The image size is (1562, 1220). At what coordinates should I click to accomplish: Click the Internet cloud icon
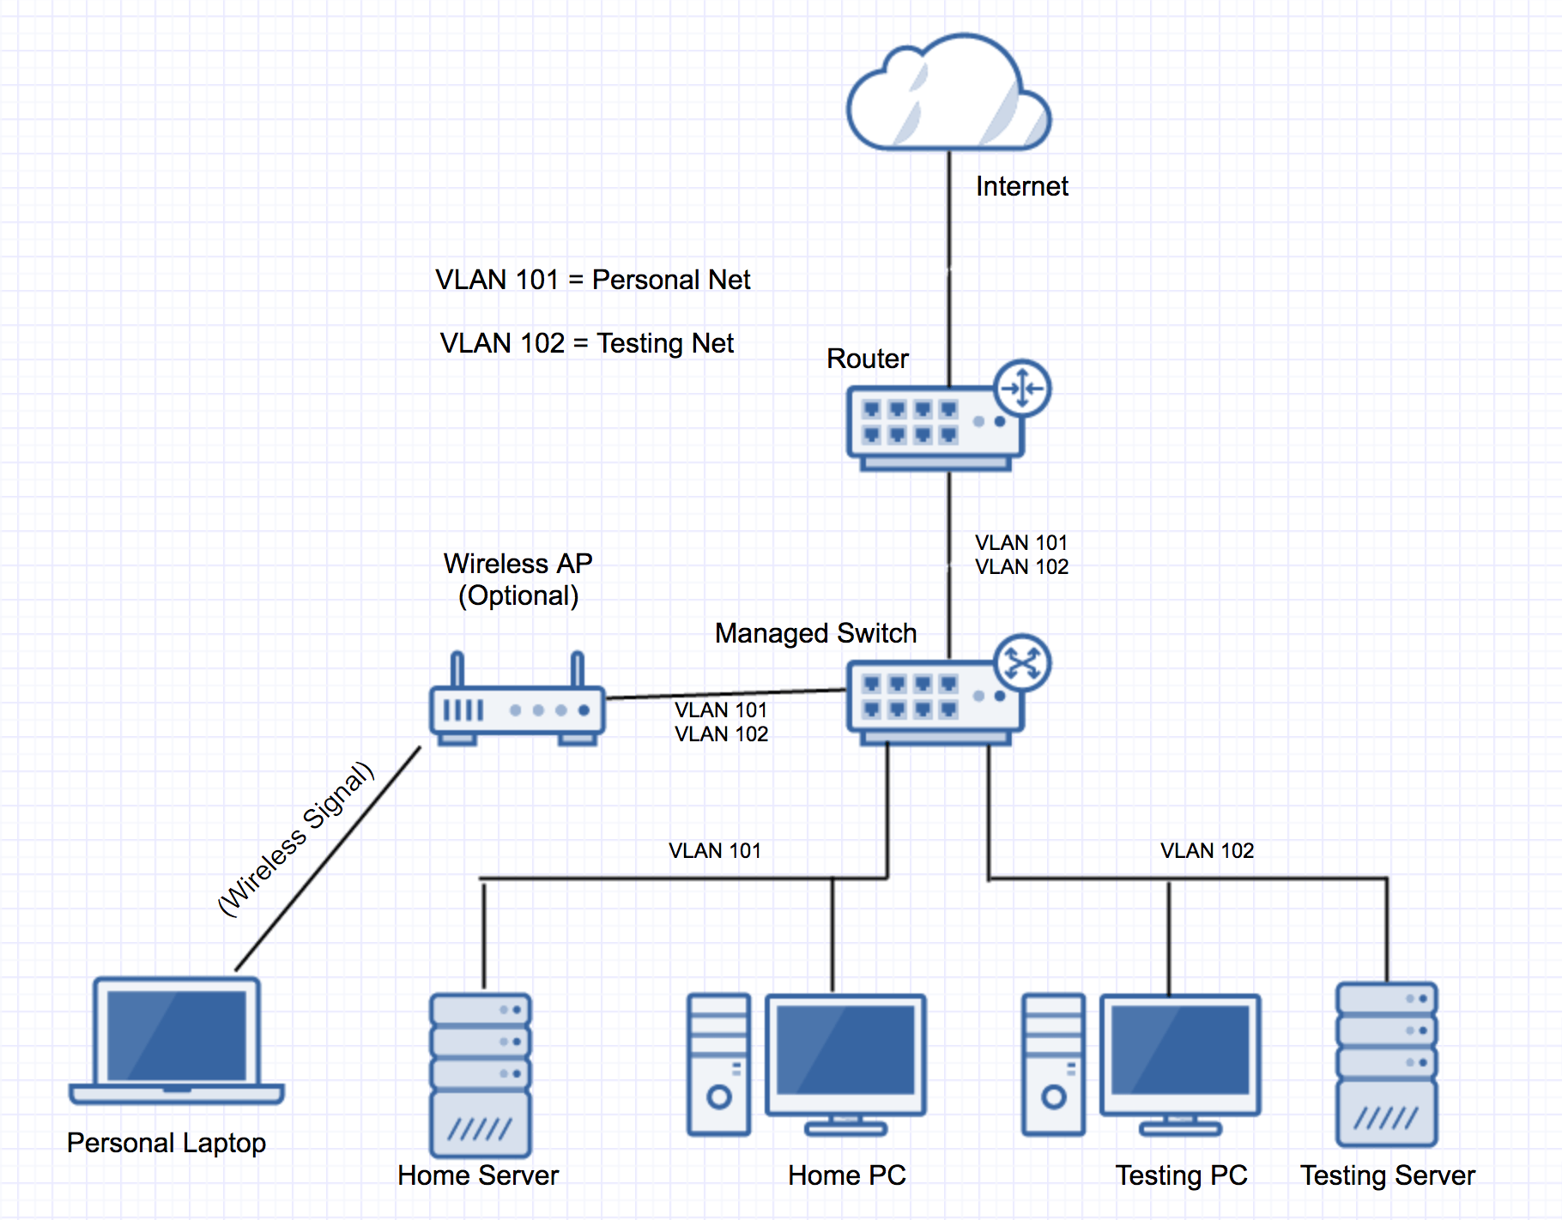tap(947, 94)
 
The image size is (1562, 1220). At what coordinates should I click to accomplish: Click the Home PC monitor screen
tap(845, 1051)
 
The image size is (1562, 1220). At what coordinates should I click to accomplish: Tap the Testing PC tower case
tap(1053, 1064)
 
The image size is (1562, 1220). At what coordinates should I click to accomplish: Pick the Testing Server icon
tap(1386, 1064)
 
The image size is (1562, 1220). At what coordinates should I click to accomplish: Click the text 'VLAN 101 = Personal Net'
tap(592, 280)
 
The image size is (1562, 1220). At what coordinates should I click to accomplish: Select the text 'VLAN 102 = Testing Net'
tap(587, 343)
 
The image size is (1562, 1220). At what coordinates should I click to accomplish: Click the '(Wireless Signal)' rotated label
tap(296, 838)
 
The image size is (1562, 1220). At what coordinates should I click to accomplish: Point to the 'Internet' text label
tap(1021, 186)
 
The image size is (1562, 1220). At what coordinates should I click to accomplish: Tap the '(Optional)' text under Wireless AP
tap(518, 595)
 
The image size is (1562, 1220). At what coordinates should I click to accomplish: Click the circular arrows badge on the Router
tap(1022, 389)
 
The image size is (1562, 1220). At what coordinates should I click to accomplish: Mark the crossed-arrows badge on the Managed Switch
tap(1022, 662)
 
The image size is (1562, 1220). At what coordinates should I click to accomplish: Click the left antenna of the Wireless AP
tap(457, 669)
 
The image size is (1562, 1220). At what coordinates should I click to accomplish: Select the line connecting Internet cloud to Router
tap(949, 266)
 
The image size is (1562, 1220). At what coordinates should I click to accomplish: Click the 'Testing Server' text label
tap(1387, 1175)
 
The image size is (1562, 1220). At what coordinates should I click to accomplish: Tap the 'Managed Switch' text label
tap(815, 633)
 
